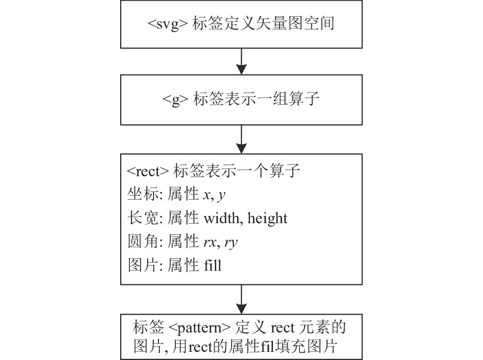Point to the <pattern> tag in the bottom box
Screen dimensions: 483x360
pos(200,328)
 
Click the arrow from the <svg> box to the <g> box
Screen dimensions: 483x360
pos(241,61)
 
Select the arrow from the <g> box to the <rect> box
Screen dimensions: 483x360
pos(241,139)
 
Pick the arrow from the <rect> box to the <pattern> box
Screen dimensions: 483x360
pos(241,299)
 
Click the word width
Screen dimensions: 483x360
pos(221,218)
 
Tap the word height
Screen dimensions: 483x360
pos(267,219)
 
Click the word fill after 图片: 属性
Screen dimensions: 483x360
pos(213,265)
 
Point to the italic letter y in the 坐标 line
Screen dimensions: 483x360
pos(222,196)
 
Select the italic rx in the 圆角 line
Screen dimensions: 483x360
pos(210,243)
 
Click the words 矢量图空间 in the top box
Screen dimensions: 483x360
pos(295,23)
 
